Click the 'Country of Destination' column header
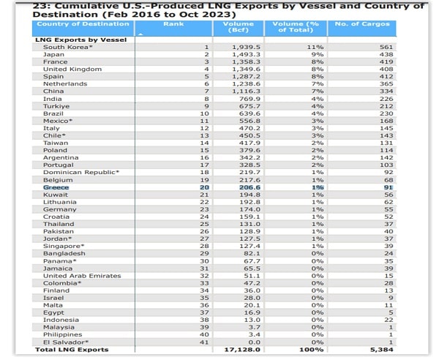click(83, 24)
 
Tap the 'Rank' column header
click(173, 24)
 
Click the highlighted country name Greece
click(56, 187)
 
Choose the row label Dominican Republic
click(80, 172)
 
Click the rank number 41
click(205, 342)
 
